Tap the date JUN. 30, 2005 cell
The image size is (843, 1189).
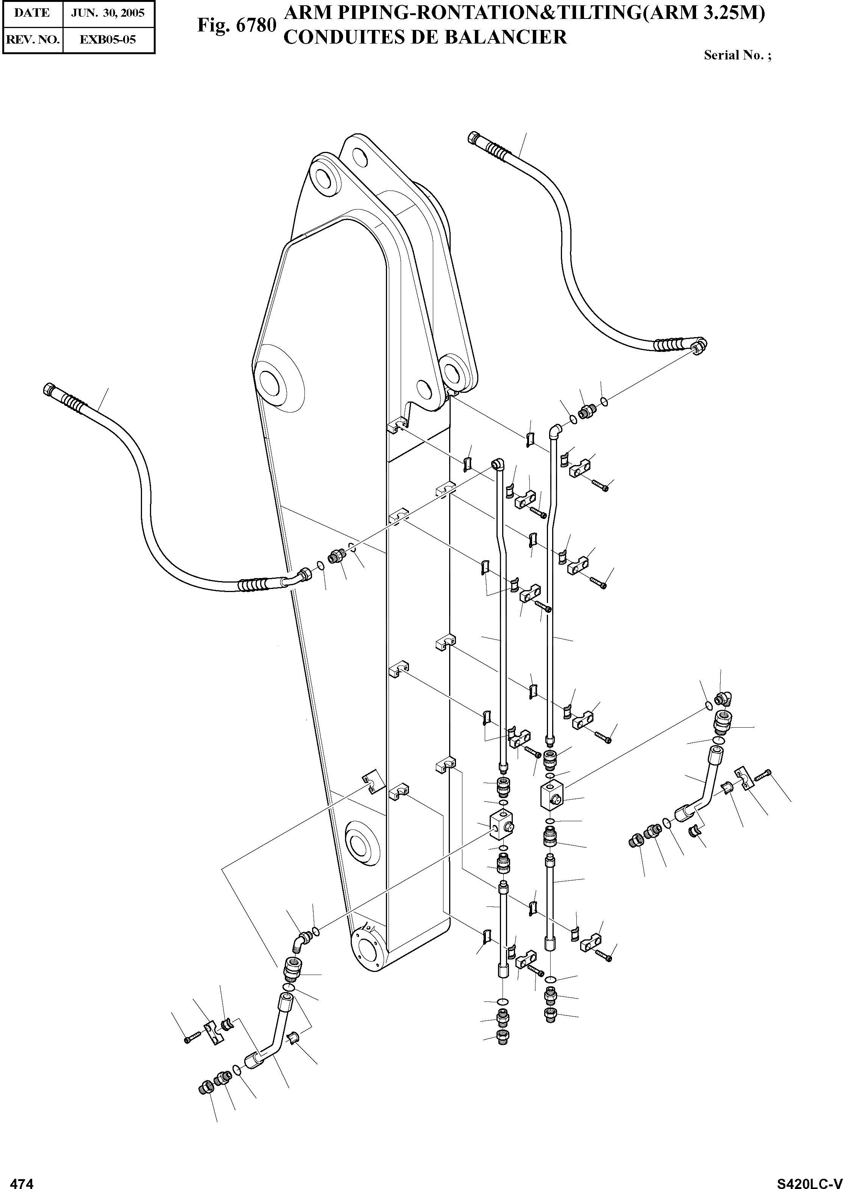click(x=108, y=13)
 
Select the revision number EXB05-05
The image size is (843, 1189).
click(x=108, y=39)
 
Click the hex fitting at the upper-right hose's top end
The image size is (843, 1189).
click(x=475, y=138)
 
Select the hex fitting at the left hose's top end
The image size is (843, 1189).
click(x=48, y=388)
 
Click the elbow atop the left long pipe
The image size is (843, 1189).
click(x=498, y=463)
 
